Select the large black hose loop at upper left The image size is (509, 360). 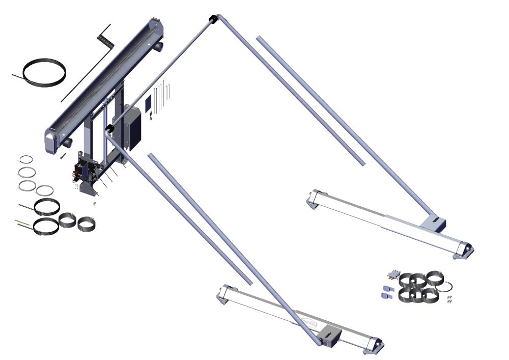click(46, 71)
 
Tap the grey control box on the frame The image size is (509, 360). click(132, 127)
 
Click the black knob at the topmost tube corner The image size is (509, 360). click(213, 19)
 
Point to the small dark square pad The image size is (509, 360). click(148, 104)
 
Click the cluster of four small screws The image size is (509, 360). click(449, 299)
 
